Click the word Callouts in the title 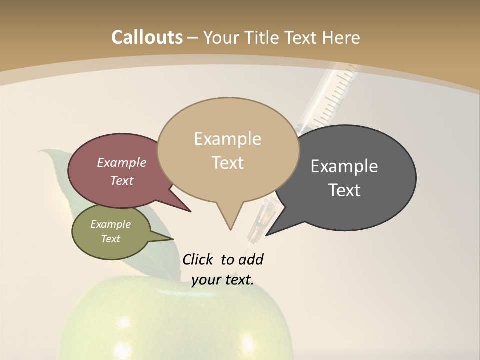tap(147, 37)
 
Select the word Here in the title tap(341, 37)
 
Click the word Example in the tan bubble tap(227, 139)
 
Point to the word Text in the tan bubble tap(228, 163)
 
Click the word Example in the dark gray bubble tap(344, 166)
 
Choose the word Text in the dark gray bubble tap(344, 190)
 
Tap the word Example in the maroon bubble tap(122, 163)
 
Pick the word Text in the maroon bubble tap(122, 181)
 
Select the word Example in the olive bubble tap(111, 224)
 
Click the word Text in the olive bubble tap(111, 239)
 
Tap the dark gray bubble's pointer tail tap(270, 232)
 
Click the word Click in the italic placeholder tap(199, 260)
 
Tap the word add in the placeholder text tap(251, 260)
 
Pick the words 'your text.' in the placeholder tap(223, 280)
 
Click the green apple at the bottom tap(175, 320)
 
